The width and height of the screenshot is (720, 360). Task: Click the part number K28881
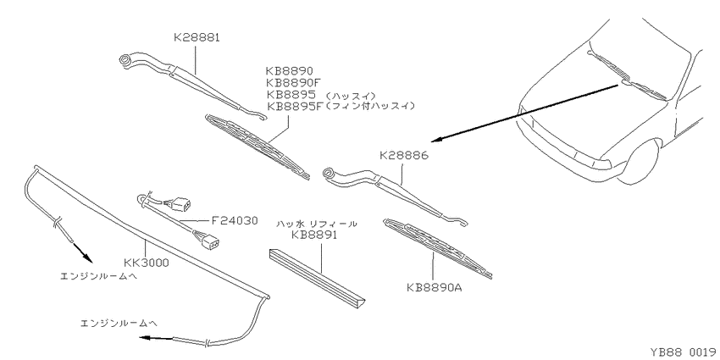[x=197, y=37]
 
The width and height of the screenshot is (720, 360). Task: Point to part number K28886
[x=403, y=156]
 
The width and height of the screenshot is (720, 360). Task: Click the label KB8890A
[x=434, y=288]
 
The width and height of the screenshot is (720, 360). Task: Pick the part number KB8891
[x=314, y=235]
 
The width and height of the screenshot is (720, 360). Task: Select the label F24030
[x=235, y=220]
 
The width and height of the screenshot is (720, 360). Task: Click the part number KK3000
[x=147, y=263]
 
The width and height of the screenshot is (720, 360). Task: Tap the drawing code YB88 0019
[x=683, y=352]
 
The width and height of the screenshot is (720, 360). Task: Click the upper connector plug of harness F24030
[x=183, y=204]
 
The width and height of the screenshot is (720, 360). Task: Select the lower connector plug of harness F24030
[x=209, y=241]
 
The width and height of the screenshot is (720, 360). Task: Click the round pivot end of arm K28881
[x=125, y=60]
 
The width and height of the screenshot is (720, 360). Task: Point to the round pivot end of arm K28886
[x=330, y=174]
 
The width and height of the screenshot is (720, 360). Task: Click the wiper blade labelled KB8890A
[x=438, y=248]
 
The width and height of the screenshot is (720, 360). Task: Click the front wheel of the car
[x=637, y=158]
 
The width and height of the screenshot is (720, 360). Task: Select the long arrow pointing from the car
[x=527, y=112]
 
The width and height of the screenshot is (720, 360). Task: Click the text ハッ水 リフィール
[x=317, y=224]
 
